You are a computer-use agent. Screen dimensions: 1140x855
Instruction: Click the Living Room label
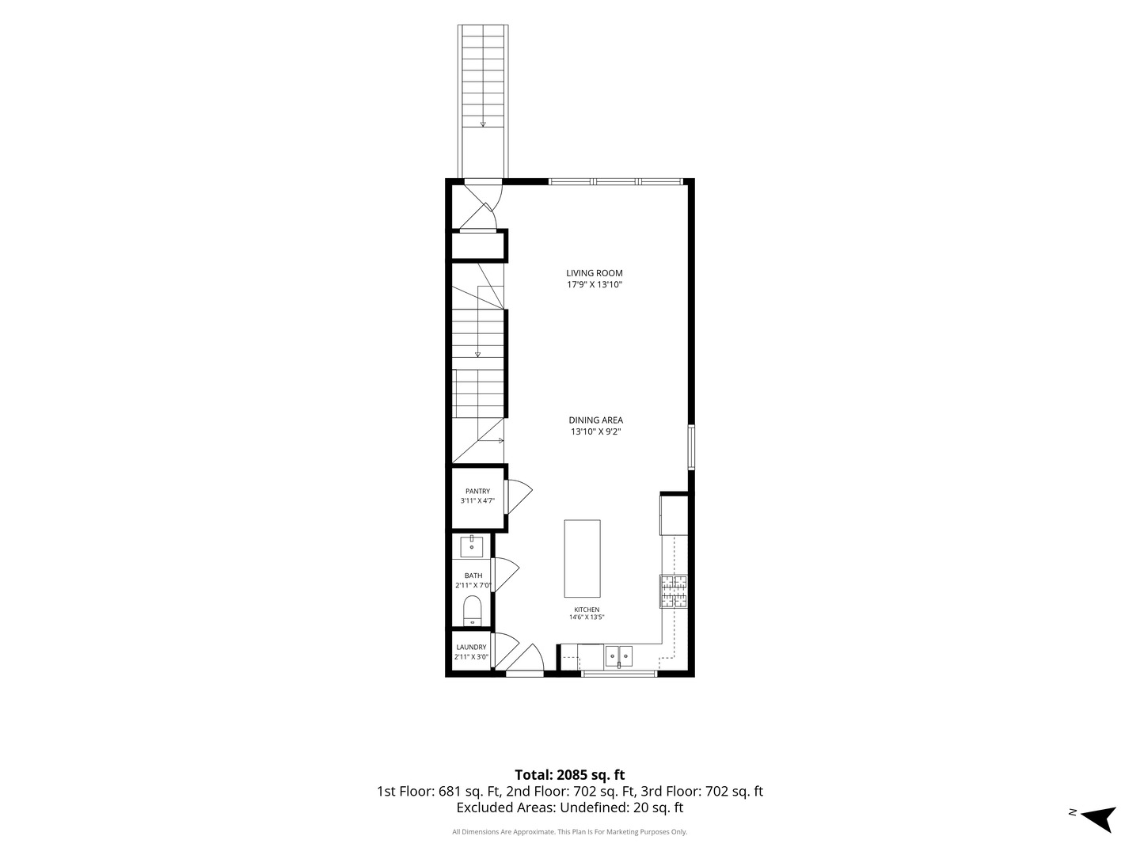coord(595,273)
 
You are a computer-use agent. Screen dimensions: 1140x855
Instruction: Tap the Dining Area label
coord(595,420)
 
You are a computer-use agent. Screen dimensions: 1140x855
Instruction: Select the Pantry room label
coord(477,491)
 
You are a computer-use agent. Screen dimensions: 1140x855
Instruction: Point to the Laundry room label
coord(471,648)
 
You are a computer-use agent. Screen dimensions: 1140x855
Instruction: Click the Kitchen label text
coord(587,610)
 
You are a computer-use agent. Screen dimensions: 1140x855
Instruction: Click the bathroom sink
coord(472,546)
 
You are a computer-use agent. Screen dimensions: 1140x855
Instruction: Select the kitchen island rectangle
coord(582,559)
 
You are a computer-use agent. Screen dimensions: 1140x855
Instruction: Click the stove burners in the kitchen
coord(673,591)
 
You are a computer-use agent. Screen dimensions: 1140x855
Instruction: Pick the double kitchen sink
coord(618,656)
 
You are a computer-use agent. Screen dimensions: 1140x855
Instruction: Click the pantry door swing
coord(518,496)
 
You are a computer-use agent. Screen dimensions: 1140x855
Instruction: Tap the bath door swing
coord(504,576)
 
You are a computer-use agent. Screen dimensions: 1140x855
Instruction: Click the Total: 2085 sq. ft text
coord(570,775)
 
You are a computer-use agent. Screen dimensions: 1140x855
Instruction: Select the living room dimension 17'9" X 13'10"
coord(595,284)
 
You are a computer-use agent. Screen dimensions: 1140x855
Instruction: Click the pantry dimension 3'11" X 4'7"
coord(477,501)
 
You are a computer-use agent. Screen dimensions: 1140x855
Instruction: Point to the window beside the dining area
coord(691,447)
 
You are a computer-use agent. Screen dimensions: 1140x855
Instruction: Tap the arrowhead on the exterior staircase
coord(483,124)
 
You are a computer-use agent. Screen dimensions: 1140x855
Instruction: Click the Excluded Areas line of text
coord(570,807)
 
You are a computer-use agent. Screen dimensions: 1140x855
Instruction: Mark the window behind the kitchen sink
coord(619,674)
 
